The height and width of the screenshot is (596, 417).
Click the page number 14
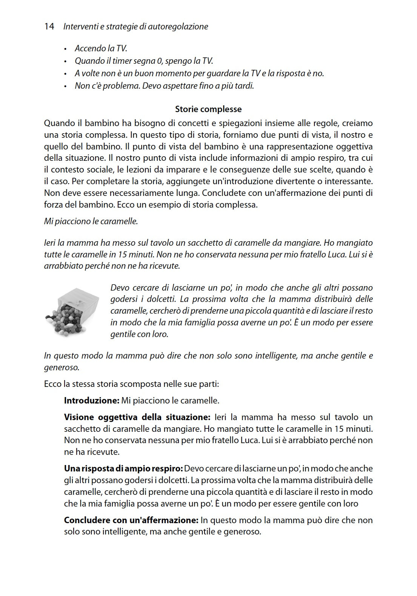point(49,26)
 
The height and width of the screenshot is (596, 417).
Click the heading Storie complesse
point(208,109)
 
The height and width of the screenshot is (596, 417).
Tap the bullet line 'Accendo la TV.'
point(101,48)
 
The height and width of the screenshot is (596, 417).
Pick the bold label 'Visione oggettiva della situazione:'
point(137,417)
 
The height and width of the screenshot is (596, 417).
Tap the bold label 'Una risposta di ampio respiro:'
point(123,468)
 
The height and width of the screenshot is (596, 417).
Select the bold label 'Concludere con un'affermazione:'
point(131,520)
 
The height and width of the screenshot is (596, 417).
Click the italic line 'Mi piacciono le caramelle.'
point(91,221)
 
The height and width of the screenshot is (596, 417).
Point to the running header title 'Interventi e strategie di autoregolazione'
point(136,26)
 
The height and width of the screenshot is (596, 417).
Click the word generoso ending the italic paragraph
point(62,367)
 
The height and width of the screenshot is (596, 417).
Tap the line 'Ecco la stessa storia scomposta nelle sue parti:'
point(131,384)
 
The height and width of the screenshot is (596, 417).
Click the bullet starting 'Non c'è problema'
point(164,86)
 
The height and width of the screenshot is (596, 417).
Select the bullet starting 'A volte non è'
point(199,73)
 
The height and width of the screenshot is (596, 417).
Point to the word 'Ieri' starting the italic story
point(49,243)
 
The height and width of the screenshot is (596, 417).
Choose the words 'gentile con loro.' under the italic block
point(139,334)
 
